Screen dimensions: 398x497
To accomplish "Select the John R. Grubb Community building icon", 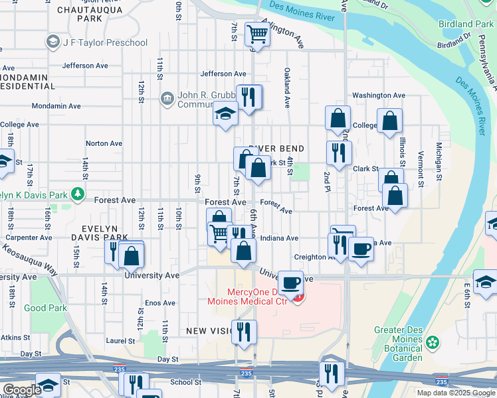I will (167, 99).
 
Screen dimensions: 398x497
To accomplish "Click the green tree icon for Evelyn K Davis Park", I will (79, 194).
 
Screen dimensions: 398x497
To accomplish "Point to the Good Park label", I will (45, 308).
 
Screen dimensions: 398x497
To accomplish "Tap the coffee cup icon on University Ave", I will (290, 283).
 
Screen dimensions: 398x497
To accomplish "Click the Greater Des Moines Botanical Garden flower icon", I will (433, 342).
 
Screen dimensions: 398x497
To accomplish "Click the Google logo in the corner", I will (22, 390).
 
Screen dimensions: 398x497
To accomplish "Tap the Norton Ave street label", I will (104, 143).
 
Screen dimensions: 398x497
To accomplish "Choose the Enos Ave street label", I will (160, 303).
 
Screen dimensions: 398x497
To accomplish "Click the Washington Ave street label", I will (379, 96).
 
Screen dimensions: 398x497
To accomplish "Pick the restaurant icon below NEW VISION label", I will (244, 331).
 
